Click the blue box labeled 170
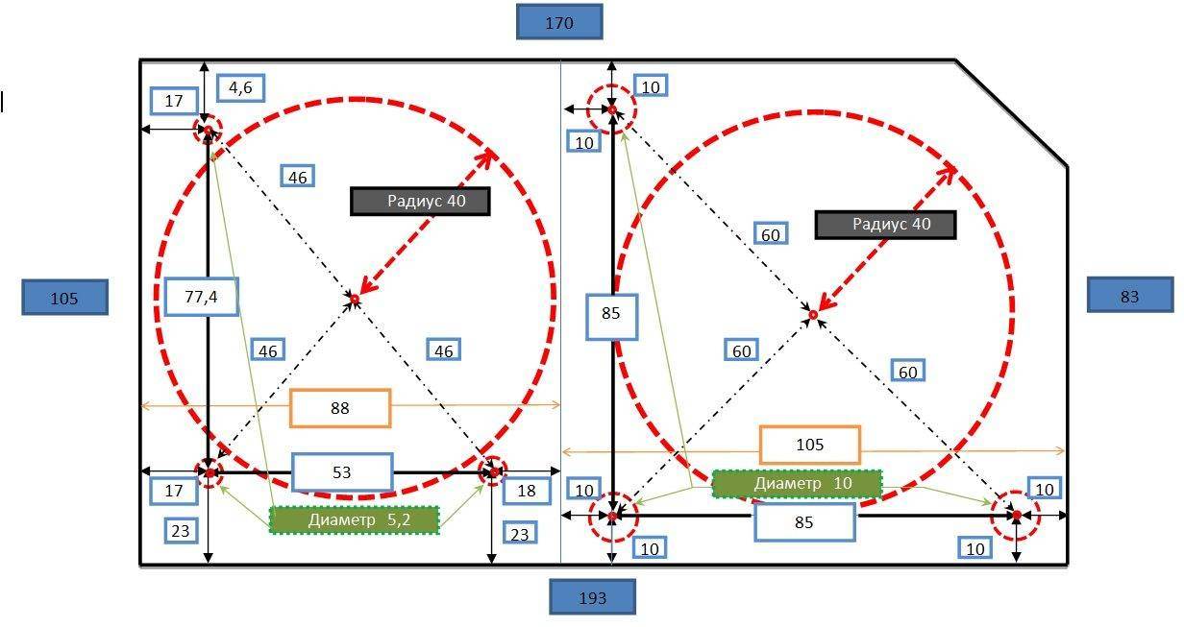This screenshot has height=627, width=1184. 559,22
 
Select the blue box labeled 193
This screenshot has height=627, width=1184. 593,597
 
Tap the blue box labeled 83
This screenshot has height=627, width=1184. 1129,295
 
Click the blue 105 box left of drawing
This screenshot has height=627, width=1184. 64,298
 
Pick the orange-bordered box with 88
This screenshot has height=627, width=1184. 340,408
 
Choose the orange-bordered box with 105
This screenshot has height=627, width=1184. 809,445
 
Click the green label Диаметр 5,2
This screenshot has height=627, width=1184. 354,519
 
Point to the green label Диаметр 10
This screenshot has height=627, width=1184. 797,483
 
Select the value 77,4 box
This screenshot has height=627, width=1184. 201,297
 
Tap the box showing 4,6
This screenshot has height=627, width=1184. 240,88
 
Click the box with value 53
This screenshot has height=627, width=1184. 342,471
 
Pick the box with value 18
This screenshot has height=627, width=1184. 527,491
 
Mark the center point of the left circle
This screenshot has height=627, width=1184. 354,301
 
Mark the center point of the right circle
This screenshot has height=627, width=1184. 813,314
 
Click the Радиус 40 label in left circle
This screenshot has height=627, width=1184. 420,201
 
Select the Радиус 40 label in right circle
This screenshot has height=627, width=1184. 885,225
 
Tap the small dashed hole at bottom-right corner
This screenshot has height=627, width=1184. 1016,516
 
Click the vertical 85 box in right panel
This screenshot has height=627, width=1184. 611,314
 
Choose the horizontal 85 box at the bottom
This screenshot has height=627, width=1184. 804,522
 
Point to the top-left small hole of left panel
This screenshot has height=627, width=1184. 208,130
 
